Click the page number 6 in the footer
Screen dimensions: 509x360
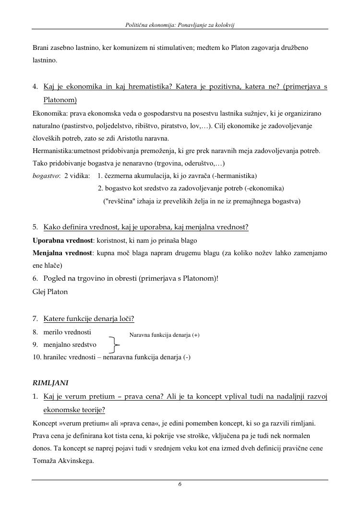click(x=180, y=485)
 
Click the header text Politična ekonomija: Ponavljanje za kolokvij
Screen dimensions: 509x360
click(x=180, y=24)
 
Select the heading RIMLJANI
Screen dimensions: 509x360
click(x=50, y=383)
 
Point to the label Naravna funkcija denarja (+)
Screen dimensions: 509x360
click(x=164, y=335)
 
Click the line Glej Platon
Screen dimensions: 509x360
click(x=50, y=292)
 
